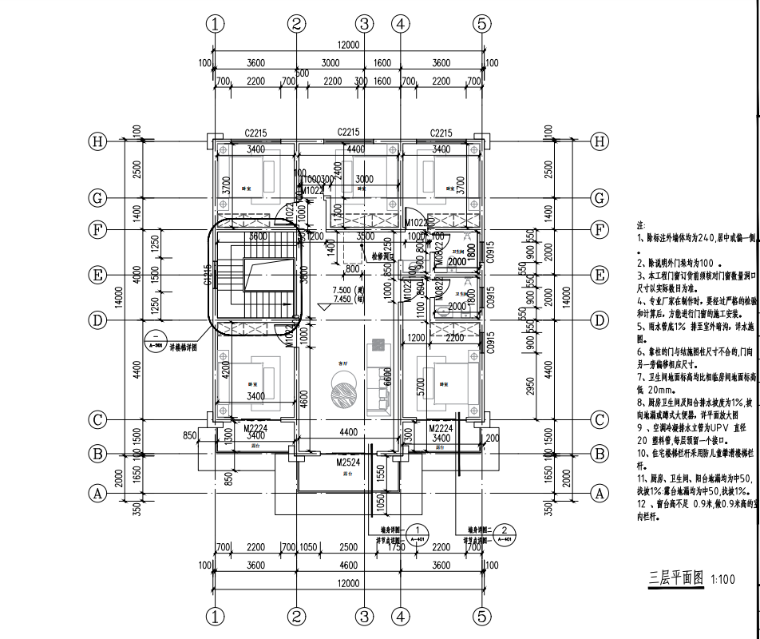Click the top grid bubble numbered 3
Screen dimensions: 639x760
point(365,24)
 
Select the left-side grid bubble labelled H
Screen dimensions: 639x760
point(97,141)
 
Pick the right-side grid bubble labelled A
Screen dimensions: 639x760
point(600,494)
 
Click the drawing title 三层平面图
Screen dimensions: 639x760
point(675,578)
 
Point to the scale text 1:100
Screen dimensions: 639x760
point(722,581)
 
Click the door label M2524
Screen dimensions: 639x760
point(347,462)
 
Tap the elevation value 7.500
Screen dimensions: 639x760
point(345,290)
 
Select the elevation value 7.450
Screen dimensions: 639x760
point(345,300)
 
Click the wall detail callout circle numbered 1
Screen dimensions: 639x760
point(416,531)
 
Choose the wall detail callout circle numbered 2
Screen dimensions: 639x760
point(504,531)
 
